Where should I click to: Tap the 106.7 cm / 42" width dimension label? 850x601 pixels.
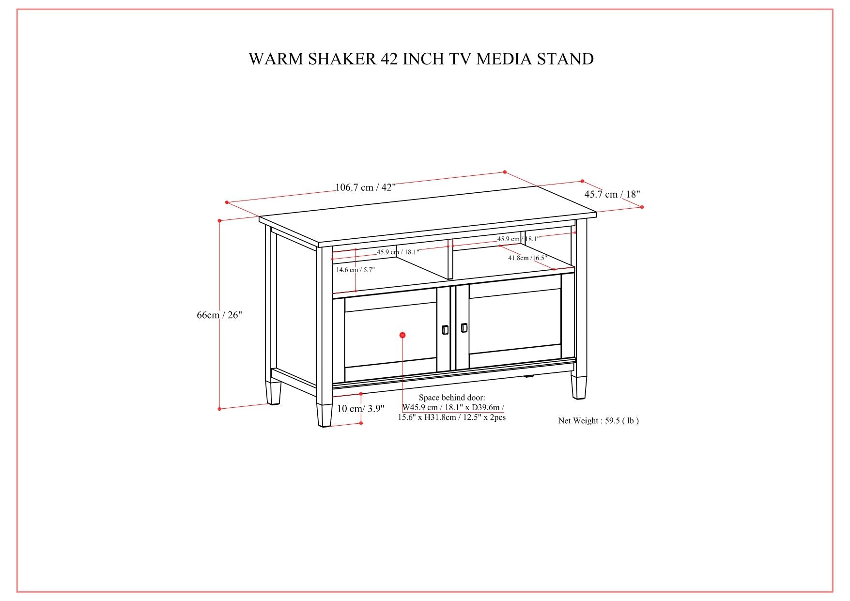(366, 187)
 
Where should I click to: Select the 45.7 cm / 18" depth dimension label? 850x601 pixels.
(612, 194)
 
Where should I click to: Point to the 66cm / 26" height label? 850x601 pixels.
(219, 315)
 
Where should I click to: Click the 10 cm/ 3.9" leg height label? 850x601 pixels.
(360, 408)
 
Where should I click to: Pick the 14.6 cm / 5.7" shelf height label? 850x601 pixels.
(355, 270)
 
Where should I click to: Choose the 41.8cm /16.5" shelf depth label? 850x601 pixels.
(527, 258)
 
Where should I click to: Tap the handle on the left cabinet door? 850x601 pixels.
(445, 329)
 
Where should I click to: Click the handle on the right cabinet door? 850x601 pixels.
(464, 328)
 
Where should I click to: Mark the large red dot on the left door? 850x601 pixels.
(402, 335)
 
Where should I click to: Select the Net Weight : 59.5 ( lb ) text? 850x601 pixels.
(598, 420)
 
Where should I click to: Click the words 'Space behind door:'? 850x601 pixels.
(451, 398)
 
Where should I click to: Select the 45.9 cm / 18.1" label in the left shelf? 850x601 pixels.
(398, 252)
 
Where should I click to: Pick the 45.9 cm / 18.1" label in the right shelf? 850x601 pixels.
(518, 239)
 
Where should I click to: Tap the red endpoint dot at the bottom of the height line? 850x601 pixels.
(219, 409)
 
